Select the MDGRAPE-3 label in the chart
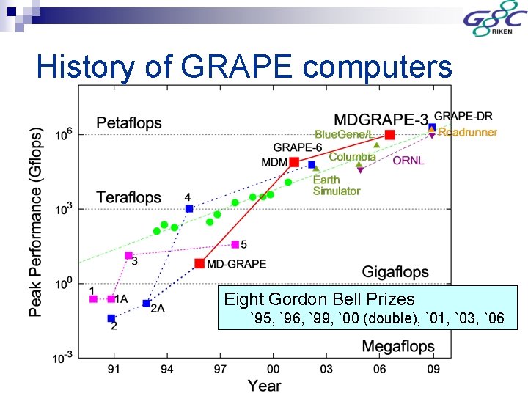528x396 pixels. pos(381,119)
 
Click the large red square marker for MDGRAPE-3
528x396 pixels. pos(389,134)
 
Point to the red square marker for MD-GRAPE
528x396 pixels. pos(199,263)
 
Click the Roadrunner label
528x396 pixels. pos(468,133)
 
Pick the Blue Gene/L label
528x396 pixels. pos(344,134)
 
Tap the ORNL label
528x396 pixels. pos(408,160)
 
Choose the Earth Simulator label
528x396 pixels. pos(336,186)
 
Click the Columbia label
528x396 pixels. pos(352,157)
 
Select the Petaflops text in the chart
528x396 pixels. pos(128,122)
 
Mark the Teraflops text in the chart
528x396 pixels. pos(128,197)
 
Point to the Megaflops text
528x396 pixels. pos(398,345)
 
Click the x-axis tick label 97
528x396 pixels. pos(219,368)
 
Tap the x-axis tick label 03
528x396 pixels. pos(326,368)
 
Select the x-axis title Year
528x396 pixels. pos(264,384)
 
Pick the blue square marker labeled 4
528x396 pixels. pos(189,209)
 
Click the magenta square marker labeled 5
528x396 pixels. pos(235,244)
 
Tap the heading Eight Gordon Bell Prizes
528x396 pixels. pos(319,299)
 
